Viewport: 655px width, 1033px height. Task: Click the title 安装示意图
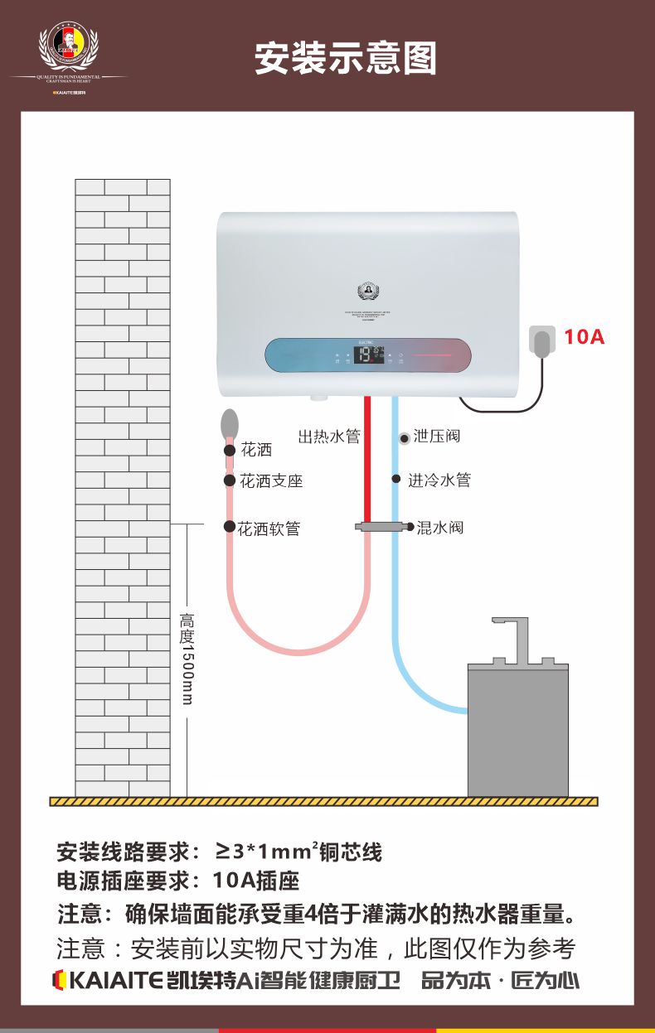[x=346, y=59]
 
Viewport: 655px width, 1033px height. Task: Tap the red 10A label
[x=585, y=337]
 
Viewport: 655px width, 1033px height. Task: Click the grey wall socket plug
[x=542, y=342]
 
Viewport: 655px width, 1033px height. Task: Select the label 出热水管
[x=329, y=437]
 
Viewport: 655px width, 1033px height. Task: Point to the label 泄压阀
[x=436, y=436]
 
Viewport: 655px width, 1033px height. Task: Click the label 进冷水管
[x=439, y=480]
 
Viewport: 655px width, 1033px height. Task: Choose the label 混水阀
[x=439, y=527]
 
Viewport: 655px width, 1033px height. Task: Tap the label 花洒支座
[x=271, y=480]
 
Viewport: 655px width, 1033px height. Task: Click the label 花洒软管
[x=269, y=528]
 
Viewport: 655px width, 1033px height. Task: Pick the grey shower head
[x=230, y=424]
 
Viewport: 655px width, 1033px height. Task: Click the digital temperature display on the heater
[x=368, y=355]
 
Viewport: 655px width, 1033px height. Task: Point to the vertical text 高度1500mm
[x=187, y=659]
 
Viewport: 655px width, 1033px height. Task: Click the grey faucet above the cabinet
[x=513, y=638]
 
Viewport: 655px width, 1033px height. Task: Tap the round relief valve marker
[x=404, y=437]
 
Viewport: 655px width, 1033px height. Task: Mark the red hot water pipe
[x=366, y=464]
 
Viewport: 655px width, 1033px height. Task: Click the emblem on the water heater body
[x=368, y=291]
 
